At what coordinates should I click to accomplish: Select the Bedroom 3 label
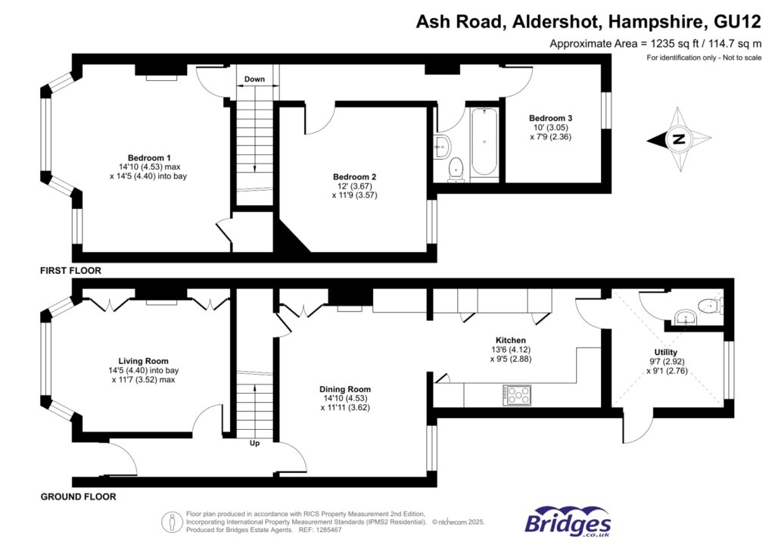pos(550,118)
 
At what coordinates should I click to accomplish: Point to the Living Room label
pos(143,361)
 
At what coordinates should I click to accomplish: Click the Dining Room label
pos(344,390)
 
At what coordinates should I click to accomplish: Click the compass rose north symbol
pos(679,139)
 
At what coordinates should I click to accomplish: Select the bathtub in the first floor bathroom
pos(484,143)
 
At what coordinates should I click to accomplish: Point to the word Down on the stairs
pos(254,79)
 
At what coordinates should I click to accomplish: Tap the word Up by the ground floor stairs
pos(254,444)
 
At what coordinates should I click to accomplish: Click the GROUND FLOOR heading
pos(79,497)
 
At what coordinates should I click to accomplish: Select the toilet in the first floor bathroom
pos(456,170)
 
